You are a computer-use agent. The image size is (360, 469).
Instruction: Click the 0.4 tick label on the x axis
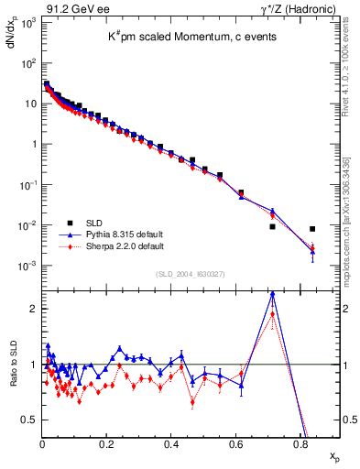coord(171,443)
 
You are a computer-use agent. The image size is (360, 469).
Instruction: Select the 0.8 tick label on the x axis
coord(300,443)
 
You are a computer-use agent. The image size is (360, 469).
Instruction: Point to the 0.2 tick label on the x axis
coord(107,443)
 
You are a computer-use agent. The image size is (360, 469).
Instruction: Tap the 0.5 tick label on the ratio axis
coord(30,420)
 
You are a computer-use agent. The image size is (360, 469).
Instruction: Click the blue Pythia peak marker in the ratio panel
coord(272,295)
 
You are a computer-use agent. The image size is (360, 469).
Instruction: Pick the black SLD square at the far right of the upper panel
coord(312,229)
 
